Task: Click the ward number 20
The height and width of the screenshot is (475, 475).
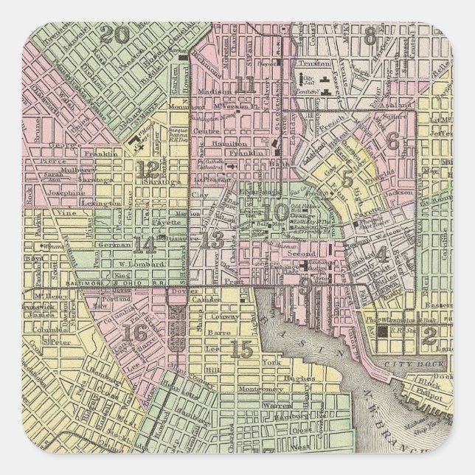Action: point(115,35)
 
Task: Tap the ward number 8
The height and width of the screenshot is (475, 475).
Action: point(370,32)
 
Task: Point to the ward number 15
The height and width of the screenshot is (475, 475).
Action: point(241,350)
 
